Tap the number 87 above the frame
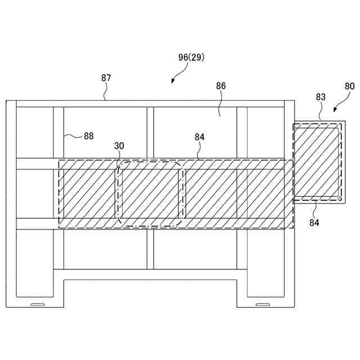point(106,78)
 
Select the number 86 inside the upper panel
point(220,86)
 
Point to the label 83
point(321,97)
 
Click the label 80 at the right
point(349,87)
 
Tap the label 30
point(119,146)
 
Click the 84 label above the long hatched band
point(200,136)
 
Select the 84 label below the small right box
point(314,223)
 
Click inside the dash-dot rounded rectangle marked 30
point(150,194)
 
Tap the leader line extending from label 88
point(72,135)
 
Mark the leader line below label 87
point(105,93)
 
